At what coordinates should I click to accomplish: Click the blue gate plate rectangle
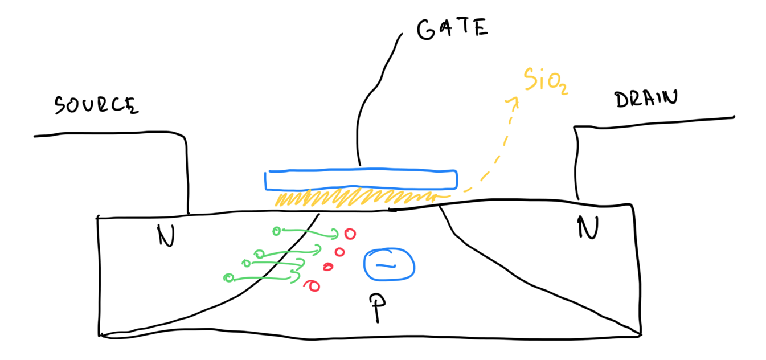[361, 179]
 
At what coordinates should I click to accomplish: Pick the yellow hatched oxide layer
[353, 198]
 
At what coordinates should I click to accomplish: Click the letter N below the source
[166, 235]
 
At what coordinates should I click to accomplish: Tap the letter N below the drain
[588, 228]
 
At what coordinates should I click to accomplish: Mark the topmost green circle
[277, 231]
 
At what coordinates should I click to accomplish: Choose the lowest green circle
[229, 277]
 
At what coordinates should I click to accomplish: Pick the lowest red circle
[313, 285]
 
